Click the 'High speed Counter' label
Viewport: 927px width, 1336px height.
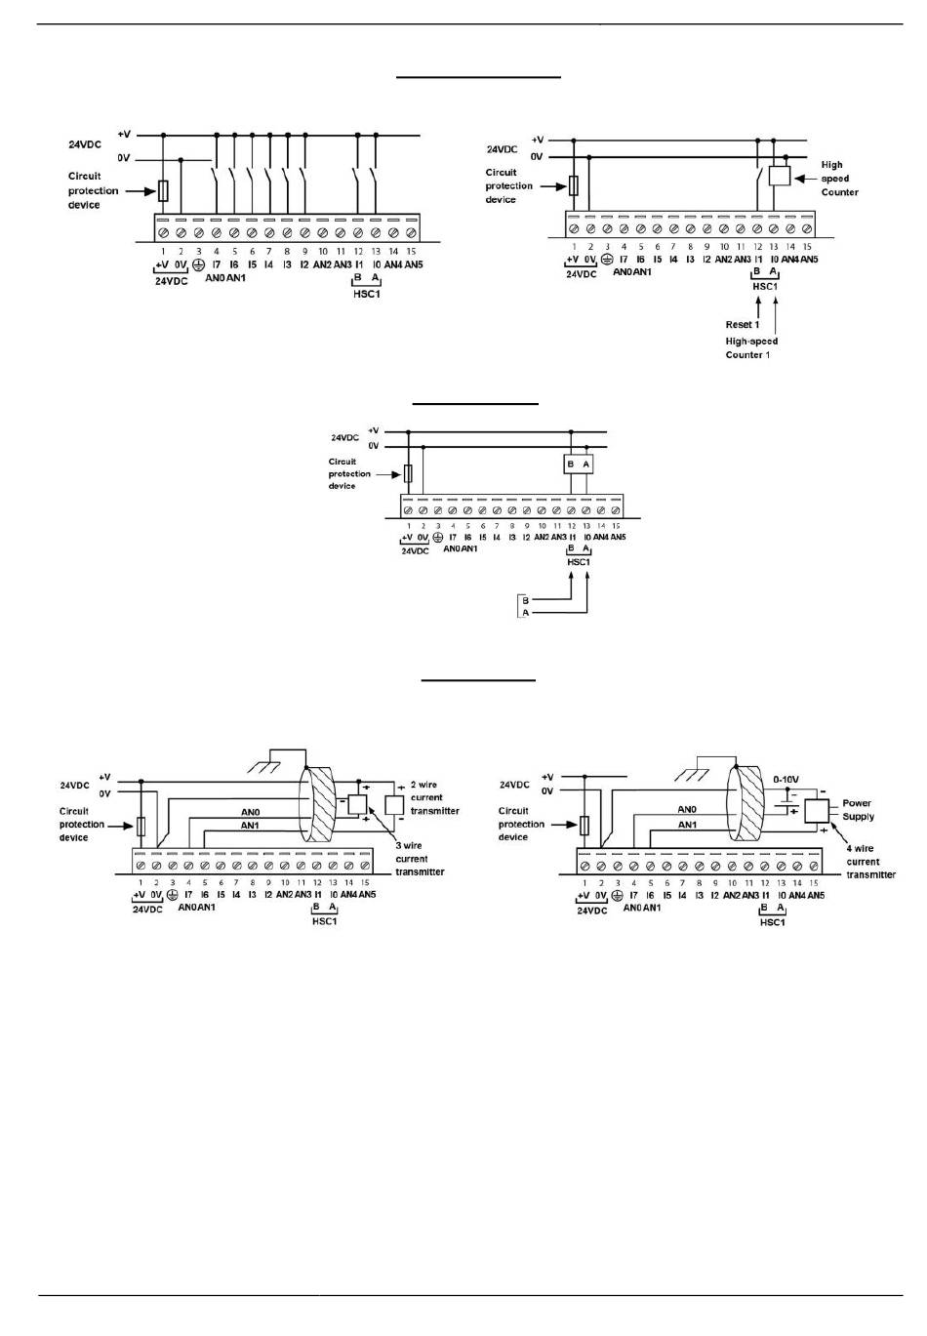click(x=838, y=179)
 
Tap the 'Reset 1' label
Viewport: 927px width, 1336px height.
click(x=742, y=324)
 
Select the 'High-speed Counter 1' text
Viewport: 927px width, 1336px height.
click(x=751, y=348)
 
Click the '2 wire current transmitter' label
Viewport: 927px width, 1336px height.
click(x=433, y=797)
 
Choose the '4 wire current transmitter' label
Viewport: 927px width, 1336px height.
click(x=869, y=862)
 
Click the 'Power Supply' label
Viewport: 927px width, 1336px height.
click(x=858, y=810)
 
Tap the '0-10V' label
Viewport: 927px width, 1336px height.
click(x=786, y=780)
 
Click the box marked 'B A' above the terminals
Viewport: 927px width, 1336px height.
click(x=579, y=465)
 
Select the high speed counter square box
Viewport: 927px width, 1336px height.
click(x=779, y=176)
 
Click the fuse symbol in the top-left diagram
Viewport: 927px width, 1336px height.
click(x=164, y=189)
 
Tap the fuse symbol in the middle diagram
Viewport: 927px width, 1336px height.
click(x=408, y=473)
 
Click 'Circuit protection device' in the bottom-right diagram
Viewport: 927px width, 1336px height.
click(x=520, y=824)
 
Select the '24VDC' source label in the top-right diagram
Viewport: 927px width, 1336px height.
click(x=502, y=149)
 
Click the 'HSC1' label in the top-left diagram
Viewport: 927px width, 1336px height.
click(x=365, y=293)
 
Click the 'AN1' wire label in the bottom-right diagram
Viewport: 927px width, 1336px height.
click(x=687, y=825)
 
